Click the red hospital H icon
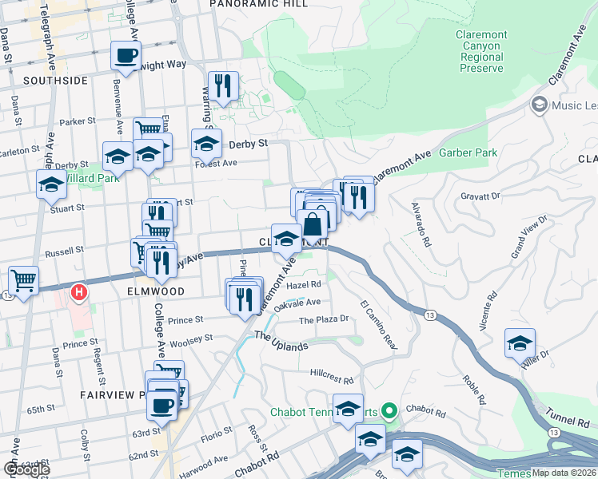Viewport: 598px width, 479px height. click(79, 293)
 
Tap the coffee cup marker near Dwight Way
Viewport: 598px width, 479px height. click(126, 56)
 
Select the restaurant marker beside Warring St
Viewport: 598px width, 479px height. click(223, 86)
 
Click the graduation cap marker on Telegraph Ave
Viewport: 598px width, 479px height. click(51, 184)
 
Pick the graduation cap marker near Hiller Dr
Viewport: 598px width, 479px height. click(520, 343)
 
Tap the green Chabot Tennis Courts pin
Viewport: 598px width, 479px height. click(389, 412)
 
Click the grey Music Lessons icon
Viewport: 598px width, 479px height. click(539, 105)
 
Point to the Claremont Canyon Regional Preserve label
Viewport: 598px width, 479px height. click(480, 51)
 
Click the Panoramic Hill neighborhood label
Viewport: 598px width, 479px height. click(247, 4)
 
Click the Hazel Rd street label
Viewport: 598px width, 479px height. click(304, 284)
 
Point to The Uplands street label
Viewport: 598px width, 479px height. click(281, 346)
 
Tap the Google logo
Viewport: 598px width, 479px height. click(26, 469)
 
